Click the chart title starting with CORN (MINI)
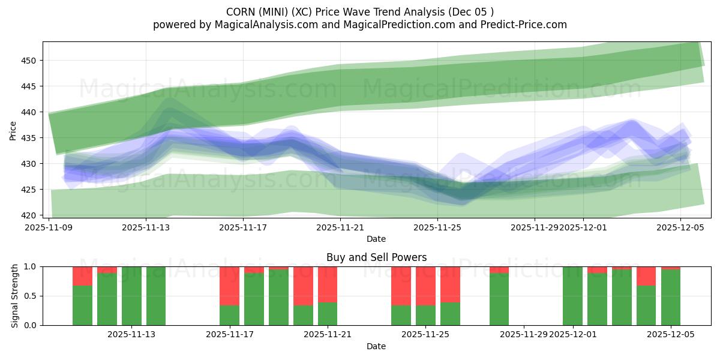360,12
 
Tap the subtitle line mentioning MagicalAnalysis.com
360,25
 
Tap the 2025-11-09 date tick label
49,227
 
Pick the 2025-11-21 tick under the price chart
340,227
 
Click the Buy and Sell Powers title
376,257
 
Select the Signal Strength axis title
15,296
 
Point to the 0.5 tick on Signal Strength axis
31,296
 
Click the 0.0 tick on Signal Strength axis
31,325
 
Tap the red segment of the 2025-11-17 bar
229,286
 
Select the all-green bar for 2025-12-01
572,296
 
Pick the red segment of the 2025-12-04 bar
646,276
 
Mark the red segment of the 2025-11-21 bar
328,284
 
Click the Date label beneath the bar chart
376,346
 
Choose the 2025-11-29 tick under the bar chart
524,334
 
